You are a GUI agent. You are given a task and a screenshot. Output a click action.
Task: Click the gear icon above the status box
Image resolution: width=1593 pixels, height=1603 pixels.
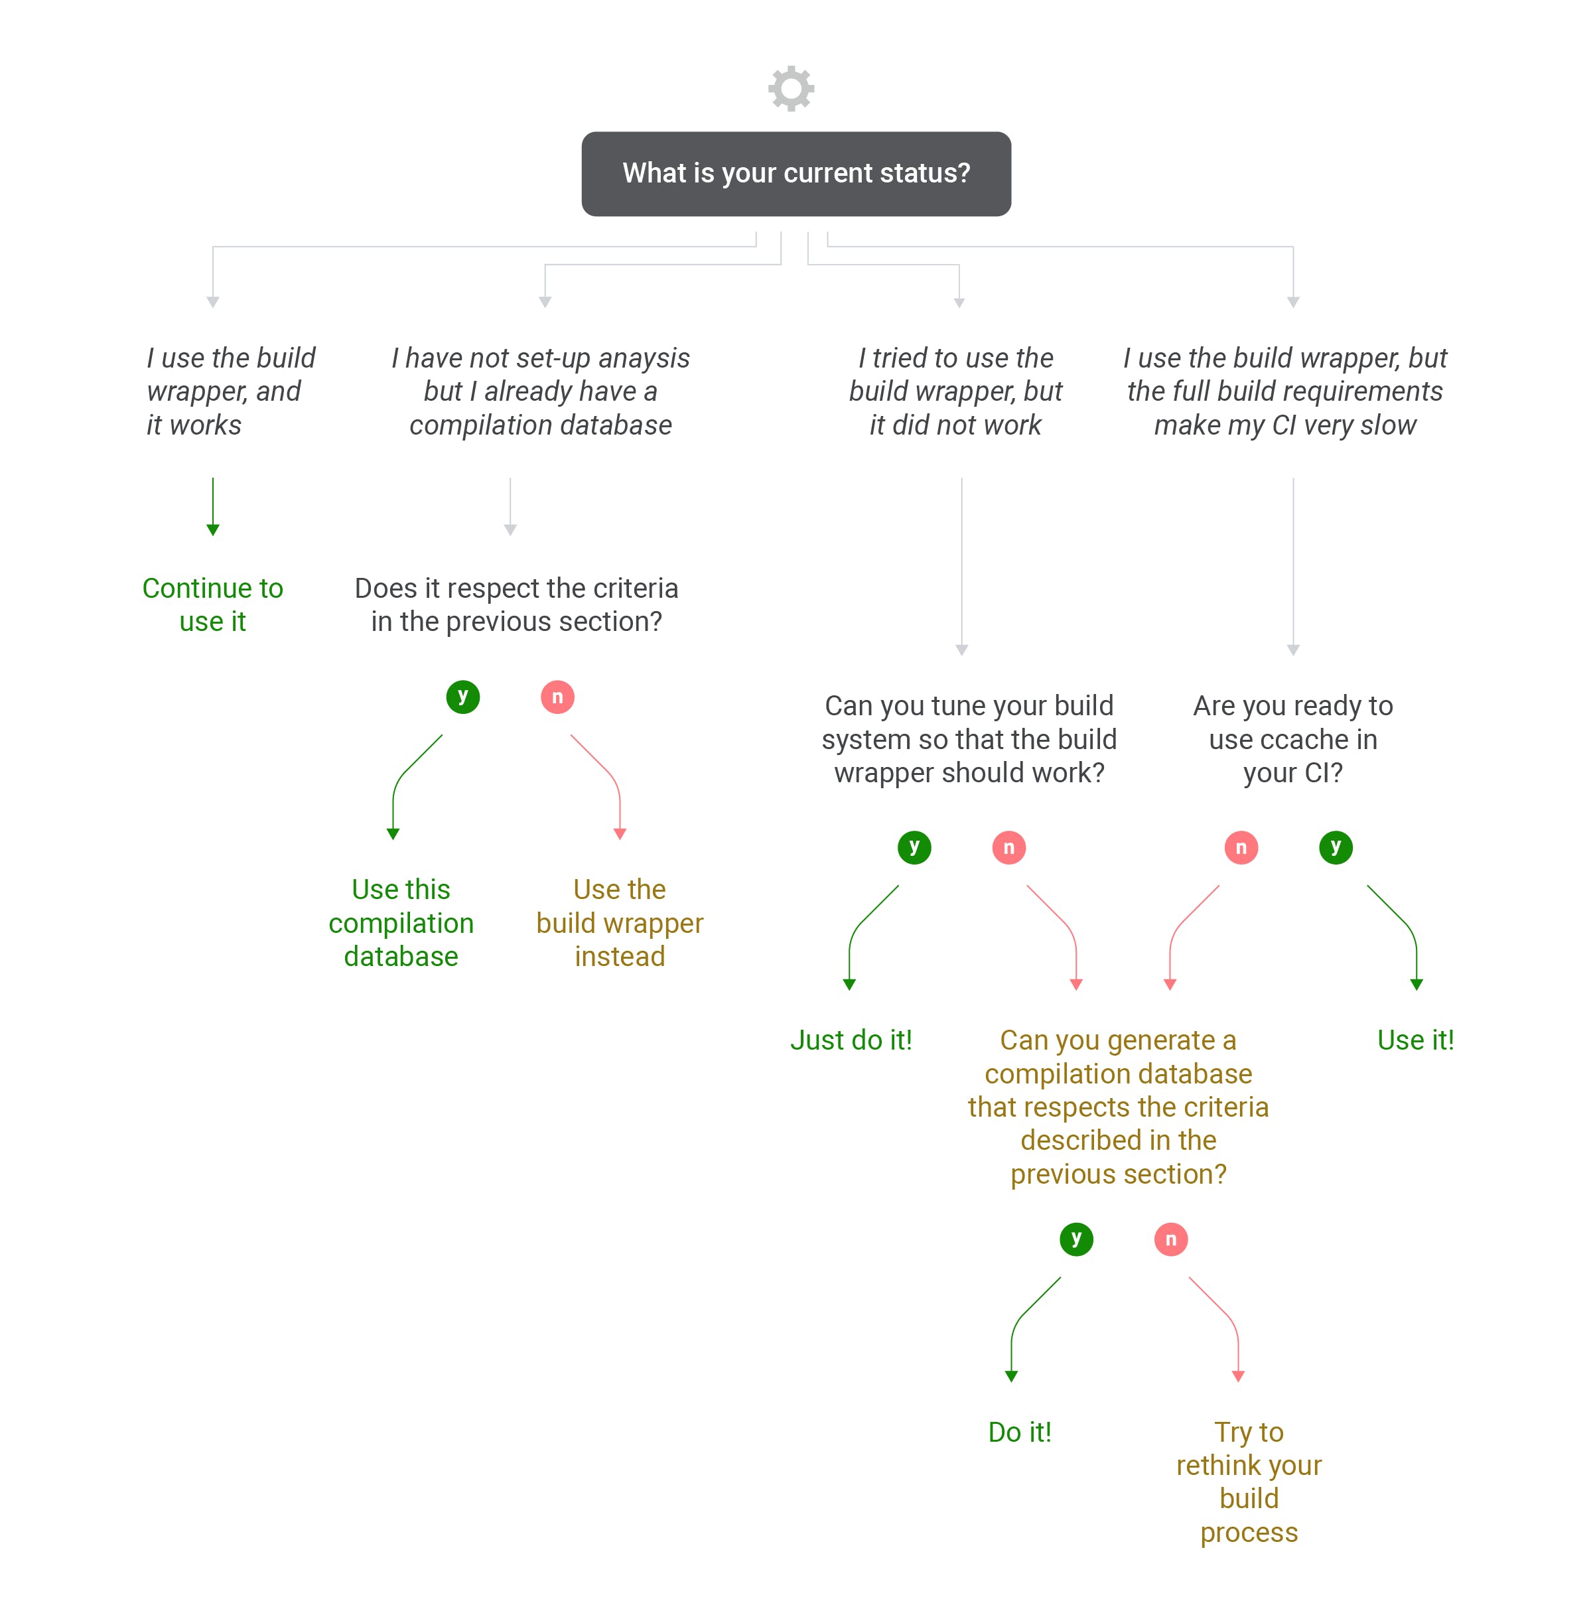791,88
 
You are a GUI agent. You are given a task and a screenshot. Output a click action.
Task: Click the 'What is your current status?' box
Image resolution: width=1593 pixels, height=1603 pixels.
796,173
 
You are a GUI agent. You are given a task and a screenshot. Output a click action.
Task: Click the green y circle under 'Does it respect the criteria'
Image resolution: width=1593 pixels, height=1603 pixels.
463,696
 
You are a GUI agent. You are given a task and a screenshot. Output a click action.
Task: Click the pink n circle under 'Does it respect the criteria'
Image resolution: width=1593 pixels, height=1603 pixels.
557,696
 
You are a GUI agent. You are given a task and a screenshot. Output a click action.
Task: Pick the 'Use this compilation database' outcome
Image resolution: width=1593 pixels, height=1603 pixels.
401,923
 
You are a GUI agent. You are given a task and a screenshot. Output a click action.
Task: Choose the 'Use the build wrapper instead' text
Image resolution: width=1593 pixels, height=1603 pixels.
620,923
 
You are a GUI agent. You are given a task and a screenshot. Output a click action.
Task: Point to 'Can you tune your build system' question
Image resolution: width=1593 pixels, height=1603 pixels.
969,738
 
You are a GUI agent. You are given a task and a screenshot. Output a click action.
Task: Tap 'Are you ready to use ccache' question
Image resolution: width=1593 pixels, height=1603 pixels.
1292,738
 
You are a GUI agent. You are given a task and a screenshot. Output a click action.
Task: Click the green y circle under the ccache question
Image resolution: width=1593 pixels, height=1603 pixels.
1336,847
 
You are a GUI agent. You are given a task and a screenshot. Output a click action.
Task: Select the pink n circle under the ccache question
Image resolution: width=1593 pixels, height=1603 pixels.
1241,847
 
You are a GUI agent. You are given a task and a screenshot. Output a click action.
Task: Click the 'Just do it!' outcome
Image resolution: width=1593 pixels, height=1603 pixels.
851,1040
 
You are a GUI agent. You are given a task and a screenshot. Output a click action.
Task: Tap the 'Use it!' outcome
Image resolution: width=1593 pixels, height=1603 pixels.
1415,1040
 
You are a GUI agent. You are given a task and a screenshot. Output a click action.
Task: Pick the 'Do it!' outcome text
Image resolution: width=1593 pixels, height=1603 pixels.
1020,1432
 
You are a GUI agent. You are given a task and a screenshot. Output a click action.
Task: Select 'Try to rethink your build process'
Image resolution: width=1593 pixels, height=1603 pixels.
1249,1482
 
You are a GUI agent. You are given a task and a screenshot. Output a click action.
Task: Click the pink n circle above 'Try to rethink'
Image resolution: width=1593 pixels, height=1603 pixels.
1170,1239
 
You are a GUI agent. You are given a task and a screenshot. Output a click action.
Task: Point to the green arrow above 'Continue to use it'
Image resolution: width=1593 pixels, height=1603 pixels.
213,506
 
